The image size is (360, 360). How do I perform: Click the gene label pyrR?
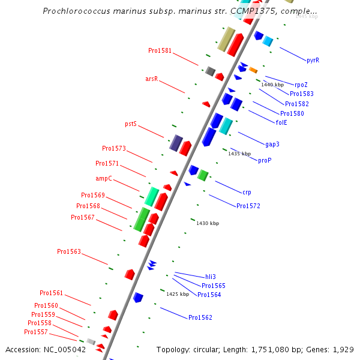tap(313, 60)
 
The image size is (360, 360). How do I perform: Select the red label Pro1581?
tap(160, 50)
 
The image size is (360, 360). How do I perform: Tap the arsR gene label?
tap(152, 79)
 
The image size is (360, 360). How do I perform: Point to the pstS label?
tap(131, 124)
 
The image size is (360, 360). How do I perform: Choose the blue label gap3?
tap(272, 144)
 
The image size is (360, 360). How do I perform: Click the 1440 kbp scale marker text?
tap(272, 85)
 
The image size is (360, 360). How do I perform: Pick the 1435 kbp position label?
tap(239, 154)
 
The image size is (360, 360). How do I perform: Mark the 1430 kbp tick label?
tap(208, 223)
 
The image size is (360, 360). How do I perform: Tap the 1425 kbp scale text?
tap(178, 294)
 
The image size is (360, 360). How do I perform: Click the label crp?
tap(247, 192)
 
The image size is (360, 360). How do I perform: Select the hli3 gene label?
tap(211, 277)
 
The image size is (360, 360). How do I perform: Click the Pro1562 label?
tap(200, 317)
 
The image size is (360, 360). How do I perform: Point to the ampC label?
tap(104, 178)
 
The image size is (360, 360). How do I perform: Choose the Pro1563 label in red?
tap(69, 251)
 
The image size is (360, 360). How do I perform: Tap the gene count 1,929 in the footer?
tap(343, 349)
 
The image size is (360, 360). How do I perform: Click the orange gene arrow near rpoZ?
tap(253, 70)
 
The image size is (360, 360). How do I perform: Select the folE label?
tap(281, 122)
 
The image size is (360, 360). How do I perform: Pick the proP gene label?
tap(265, 160)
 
